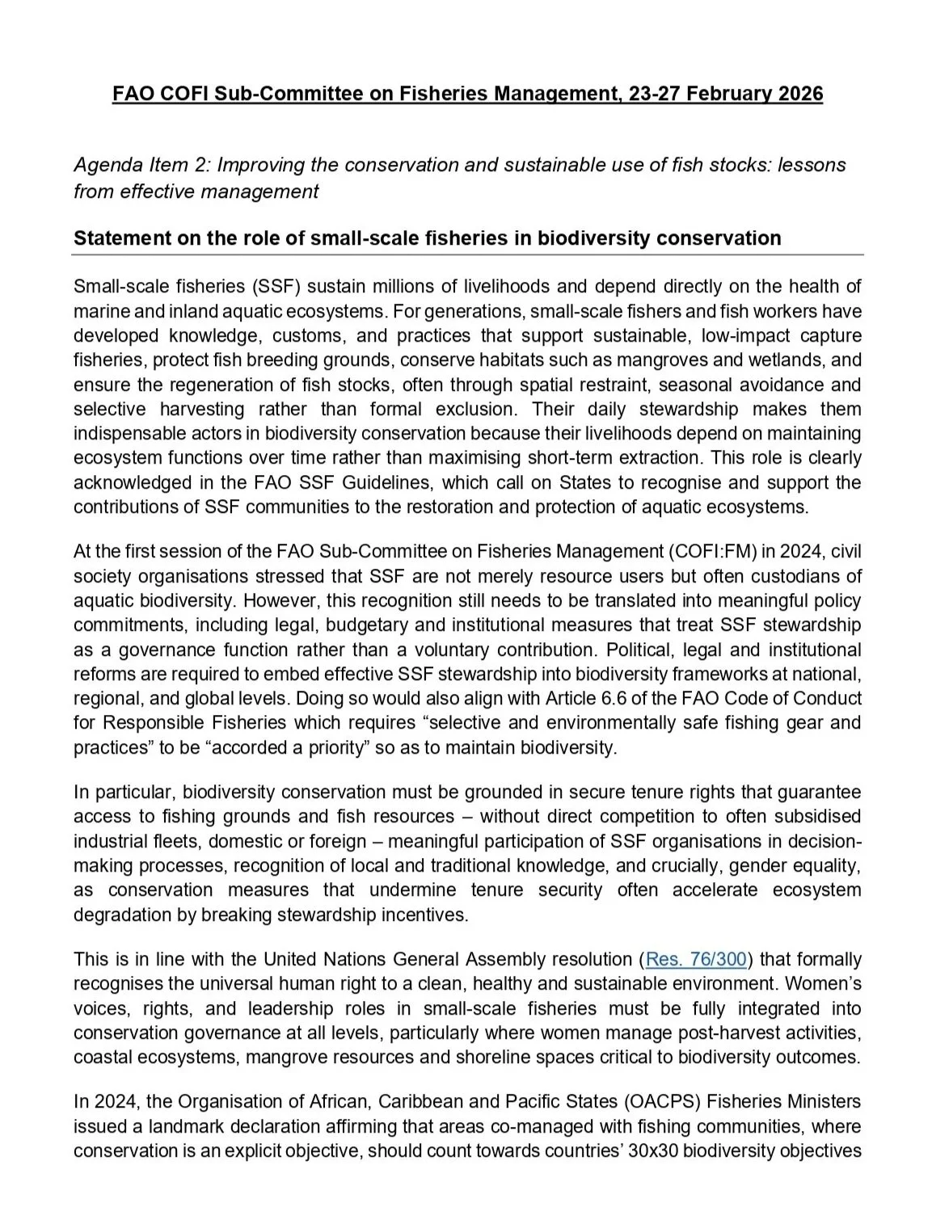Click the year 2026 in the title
(801, 94)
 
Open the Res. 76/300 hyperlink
(696, 960)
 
